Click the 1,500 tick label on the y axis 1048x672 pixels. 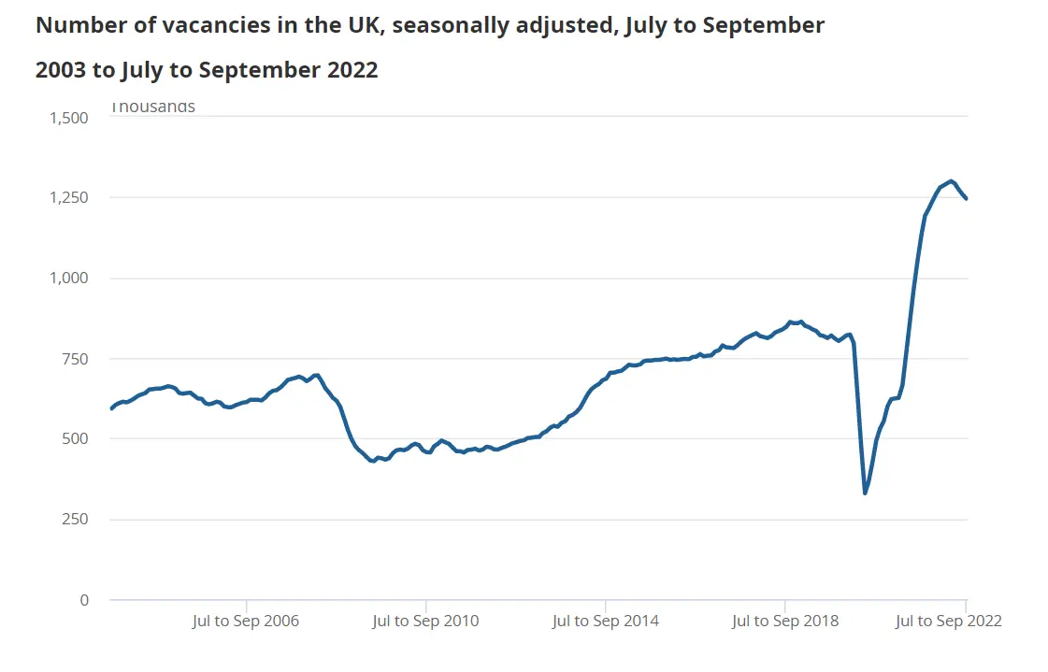pyautogui.click(x=67, y=118)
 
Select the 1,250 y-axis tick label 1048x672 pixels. pyautogui.click(x=67, y=198)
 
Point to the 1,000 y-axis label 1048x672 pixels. pyautogui.click(x=67, y=279)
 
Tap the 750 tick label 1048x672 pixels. pyautogui.click(x=75, y=359)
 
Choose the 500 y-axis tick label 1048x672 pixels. pyautogui.click(x=75, y=439)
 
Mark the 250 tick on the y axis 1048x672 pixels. pyautogui.click(x=75, y=520)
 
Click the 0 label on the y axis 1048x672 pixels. pyautogui.click(x=82, y=600)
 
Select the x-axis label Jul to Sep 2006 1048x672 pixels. pyautogui.click(x=246, y=622)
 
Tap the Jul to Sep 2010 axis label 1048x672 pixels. pyautogui.click(x=425, y=622)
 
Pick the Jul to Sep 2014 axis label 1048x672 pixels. pyautogui.click(x=605, y=622)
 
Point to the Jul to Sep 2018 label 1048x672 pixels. pyautogui.click(x=784, y=622)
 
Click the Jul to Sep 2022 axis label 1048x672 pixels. pyautogui.click(x=948, y=622)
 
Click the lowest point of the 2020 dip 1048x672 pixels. pyautogui.click(x=865, y=493)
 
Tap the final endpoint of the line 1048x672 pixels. pyautogui.click(x=967, y=198)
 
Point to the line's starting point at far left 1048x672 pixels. pyautogui.click(x=111, y=408)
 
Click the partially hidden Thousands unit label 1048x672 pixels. pyautogui.click(x=153, y=107)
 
